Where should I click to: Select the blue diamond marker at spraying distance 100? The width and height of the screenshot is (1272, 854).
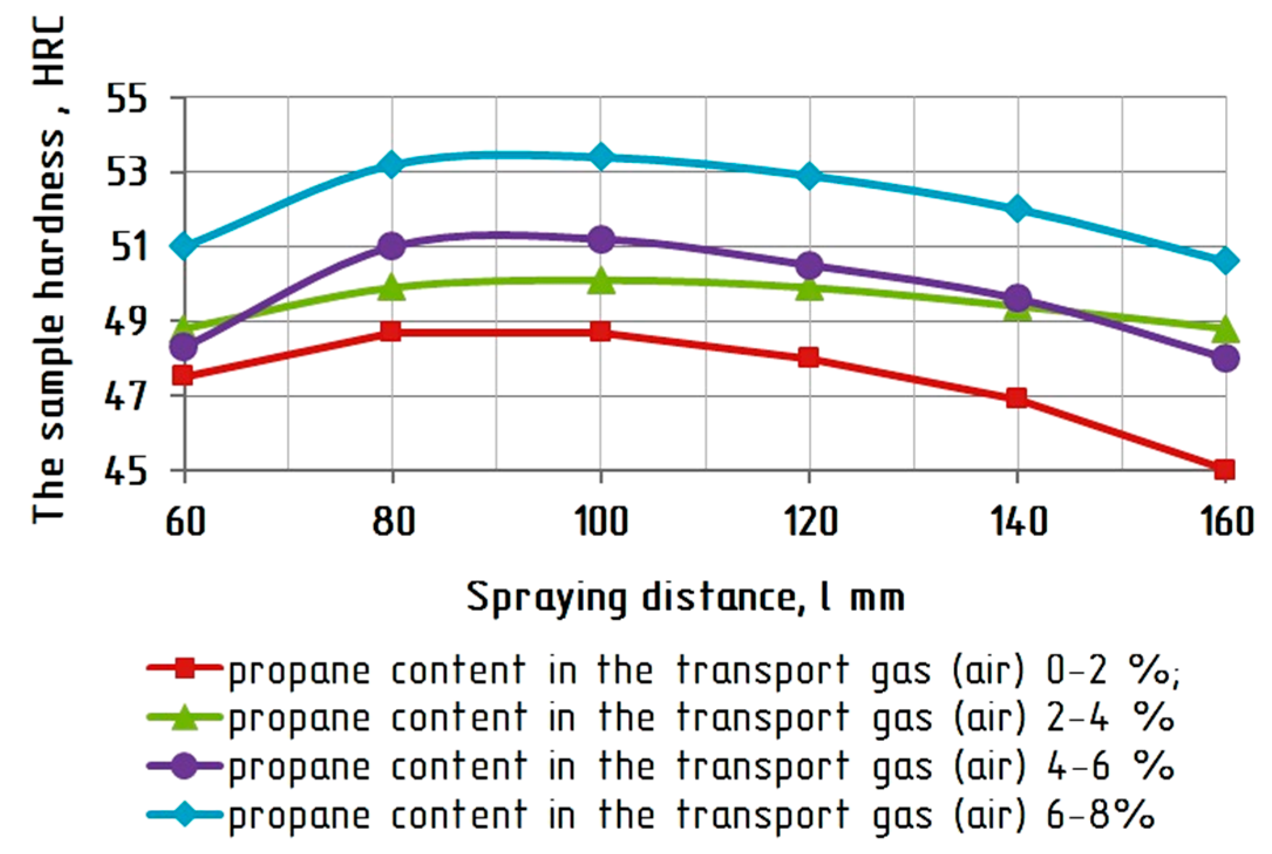coord(600,156)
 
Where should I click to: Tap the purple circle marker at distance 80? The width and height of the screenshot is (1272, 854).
coord(392,246)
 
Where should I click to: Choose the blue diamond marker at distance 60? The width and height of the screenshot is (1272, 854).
coord(185,246)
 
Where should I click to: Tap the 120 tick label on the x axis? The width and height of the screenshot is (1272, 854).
coord(809,522)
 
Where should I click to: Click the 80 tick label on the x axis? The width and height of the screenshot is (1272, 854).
coord(392,522)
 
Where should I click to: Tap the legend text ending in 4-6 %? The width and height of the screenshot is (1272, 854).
coord(700,766)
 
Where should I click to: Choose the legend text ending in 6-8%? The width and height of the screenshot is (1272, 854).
coord(692,815)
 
